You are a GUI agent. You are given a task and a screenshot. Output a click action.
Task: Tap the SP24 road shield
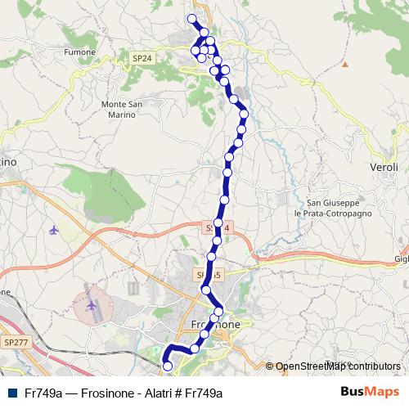pos(142,58)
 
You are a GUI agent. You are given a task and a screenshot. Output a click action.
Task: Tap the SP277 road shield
pos(15,340)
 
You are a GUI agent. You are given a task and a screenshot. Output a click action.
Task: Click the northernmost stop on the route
pos(193,19)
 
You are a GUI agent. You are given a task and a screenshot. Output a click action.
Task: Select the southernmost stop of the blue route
pos(169,367)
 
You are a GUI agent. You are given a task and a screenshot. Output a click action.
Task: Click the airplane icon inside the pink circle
pos(91,306)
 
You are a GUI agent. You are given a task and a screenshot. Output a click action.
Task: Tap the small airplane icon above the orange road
pos(55,229)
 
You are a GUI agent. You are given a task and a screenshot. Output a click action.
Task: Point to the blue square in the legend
pos(13,393)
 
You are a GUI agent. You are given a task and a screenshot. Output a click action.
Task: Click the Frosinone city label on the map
pos(214,324)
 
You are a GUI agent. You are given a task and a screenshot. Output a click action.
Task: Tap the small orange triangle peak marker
pos(345,64)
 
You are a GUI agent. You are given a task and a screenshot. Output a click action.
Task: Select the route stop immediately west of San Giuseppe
pos(223,198)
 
